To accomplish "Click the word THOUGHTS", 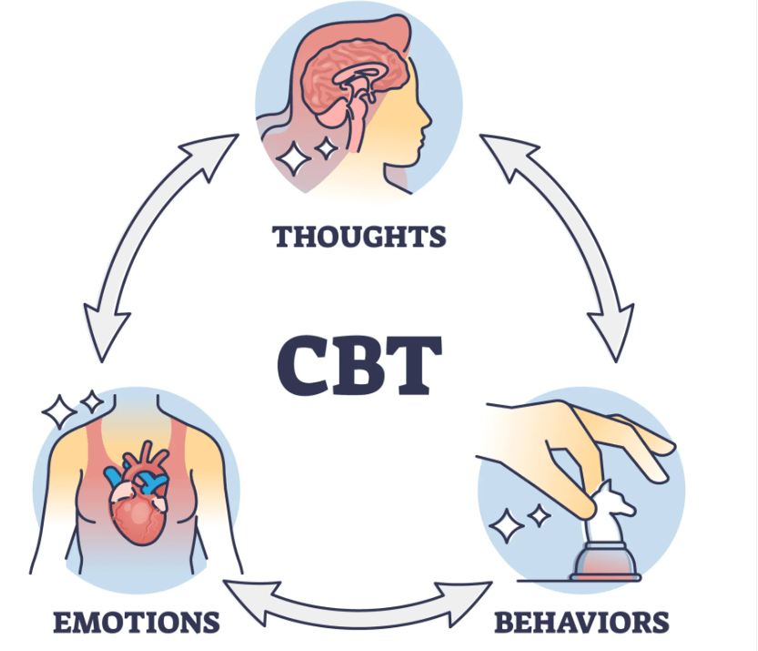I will pos(359,236).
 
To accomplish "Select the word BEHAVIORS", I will pos(581,623).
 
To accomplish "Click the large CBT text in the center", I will pos(359,363).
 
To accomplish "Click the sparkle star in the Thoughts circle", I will pos(295,158).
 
